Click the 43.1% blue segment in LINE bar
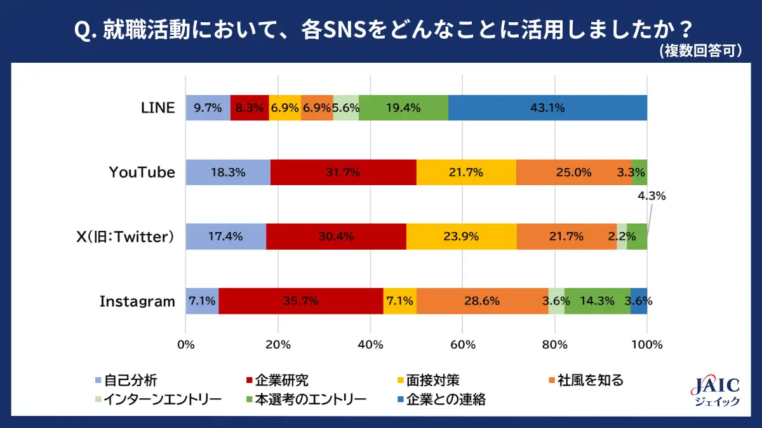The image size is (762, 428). coord(547,108)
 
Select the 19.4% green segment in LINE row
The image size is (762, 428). coord(403,108)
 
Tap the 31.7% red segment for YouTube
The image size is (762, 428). coord(343,172)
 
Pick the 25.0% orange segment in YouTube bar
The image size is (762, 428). coord(573,172)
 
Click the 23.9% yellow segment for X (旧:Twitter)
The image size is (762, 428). coord(461,237)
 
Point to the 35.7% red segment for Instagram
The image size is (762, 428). coord(300,301)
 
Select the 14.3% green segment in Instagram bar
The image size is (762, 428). coord(597,301)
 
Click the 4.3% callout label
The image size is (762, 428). coord(652,197)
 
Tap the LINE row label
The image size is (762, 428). coord(157,108)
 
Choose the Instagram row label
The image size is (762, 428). coord(137,301)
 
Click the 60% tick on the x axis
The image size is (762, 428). coord(462,346)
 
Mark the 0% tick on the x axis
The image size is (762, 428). coord(185,346)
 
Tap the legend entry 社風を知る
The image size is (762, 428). coord(584,380)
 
